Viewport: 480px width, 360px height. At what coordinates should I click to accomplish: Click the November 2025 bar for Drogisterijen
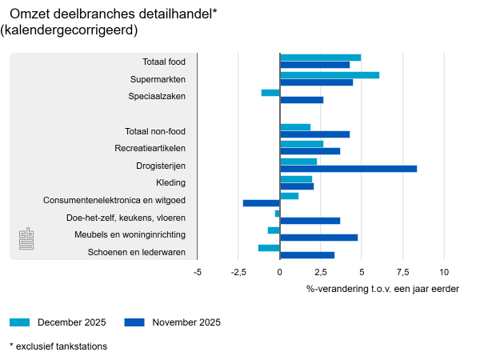coord(348,169)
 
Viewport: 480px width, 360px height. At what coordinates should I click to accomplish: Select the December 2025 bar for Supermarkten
coord(330,75)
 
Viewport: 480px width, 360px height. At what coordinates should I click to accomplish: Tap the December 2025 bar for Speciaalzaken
coord(270,93)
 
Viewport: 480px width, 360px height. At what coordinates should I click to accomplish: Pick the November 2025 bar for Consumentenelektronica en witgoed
coord(262,203)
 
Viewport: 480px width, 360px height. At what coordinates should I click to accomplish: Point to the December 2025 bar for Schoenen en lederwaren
coord(269,248)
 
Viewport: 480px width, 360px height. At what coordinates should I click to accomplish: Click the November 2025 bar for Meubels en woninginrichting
coord(318,238)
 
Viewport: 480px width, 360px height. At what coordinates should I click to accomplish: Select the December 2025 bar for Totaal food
coord(320,58)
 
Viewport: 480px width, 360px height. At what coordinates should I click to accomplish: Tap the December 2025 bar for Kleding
coord(296,179)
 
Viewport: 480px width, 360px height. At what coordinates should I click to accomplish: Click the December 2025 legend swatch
coord(20,322)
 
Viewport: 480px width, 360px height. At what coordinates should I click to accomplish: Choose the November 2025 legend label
coord(186,322)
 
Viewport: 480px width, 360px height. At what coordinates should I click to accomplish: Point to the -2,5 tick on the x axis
coord(238,272)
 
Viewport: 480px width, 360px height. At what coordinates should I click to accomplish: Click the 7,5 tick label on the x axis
coord(402,272)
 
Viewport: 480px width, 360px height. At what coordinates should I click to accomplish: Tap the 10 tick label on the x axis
coord(444,272)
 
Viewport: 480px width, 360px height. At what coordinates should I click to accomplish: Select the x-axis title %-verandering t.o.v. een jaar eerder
coord(382,288)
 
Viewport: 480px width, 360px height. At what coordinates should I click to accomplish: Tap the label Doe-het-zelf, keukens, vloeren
coord(126,218)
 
